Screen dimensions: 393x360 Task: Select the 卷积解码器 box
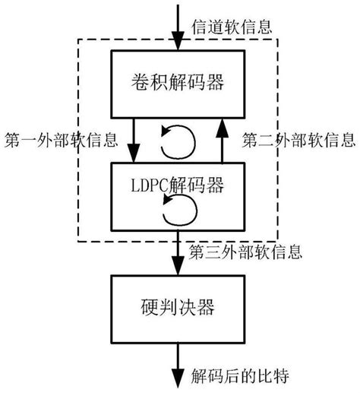tap(178, 81)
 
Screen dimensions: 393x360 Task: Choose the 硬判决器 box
tap(178, 308)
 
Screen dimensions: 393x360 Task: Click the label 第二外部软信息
tap(298, 141)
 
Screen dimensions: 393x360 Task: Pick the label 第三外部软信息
tap(245, 250)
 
